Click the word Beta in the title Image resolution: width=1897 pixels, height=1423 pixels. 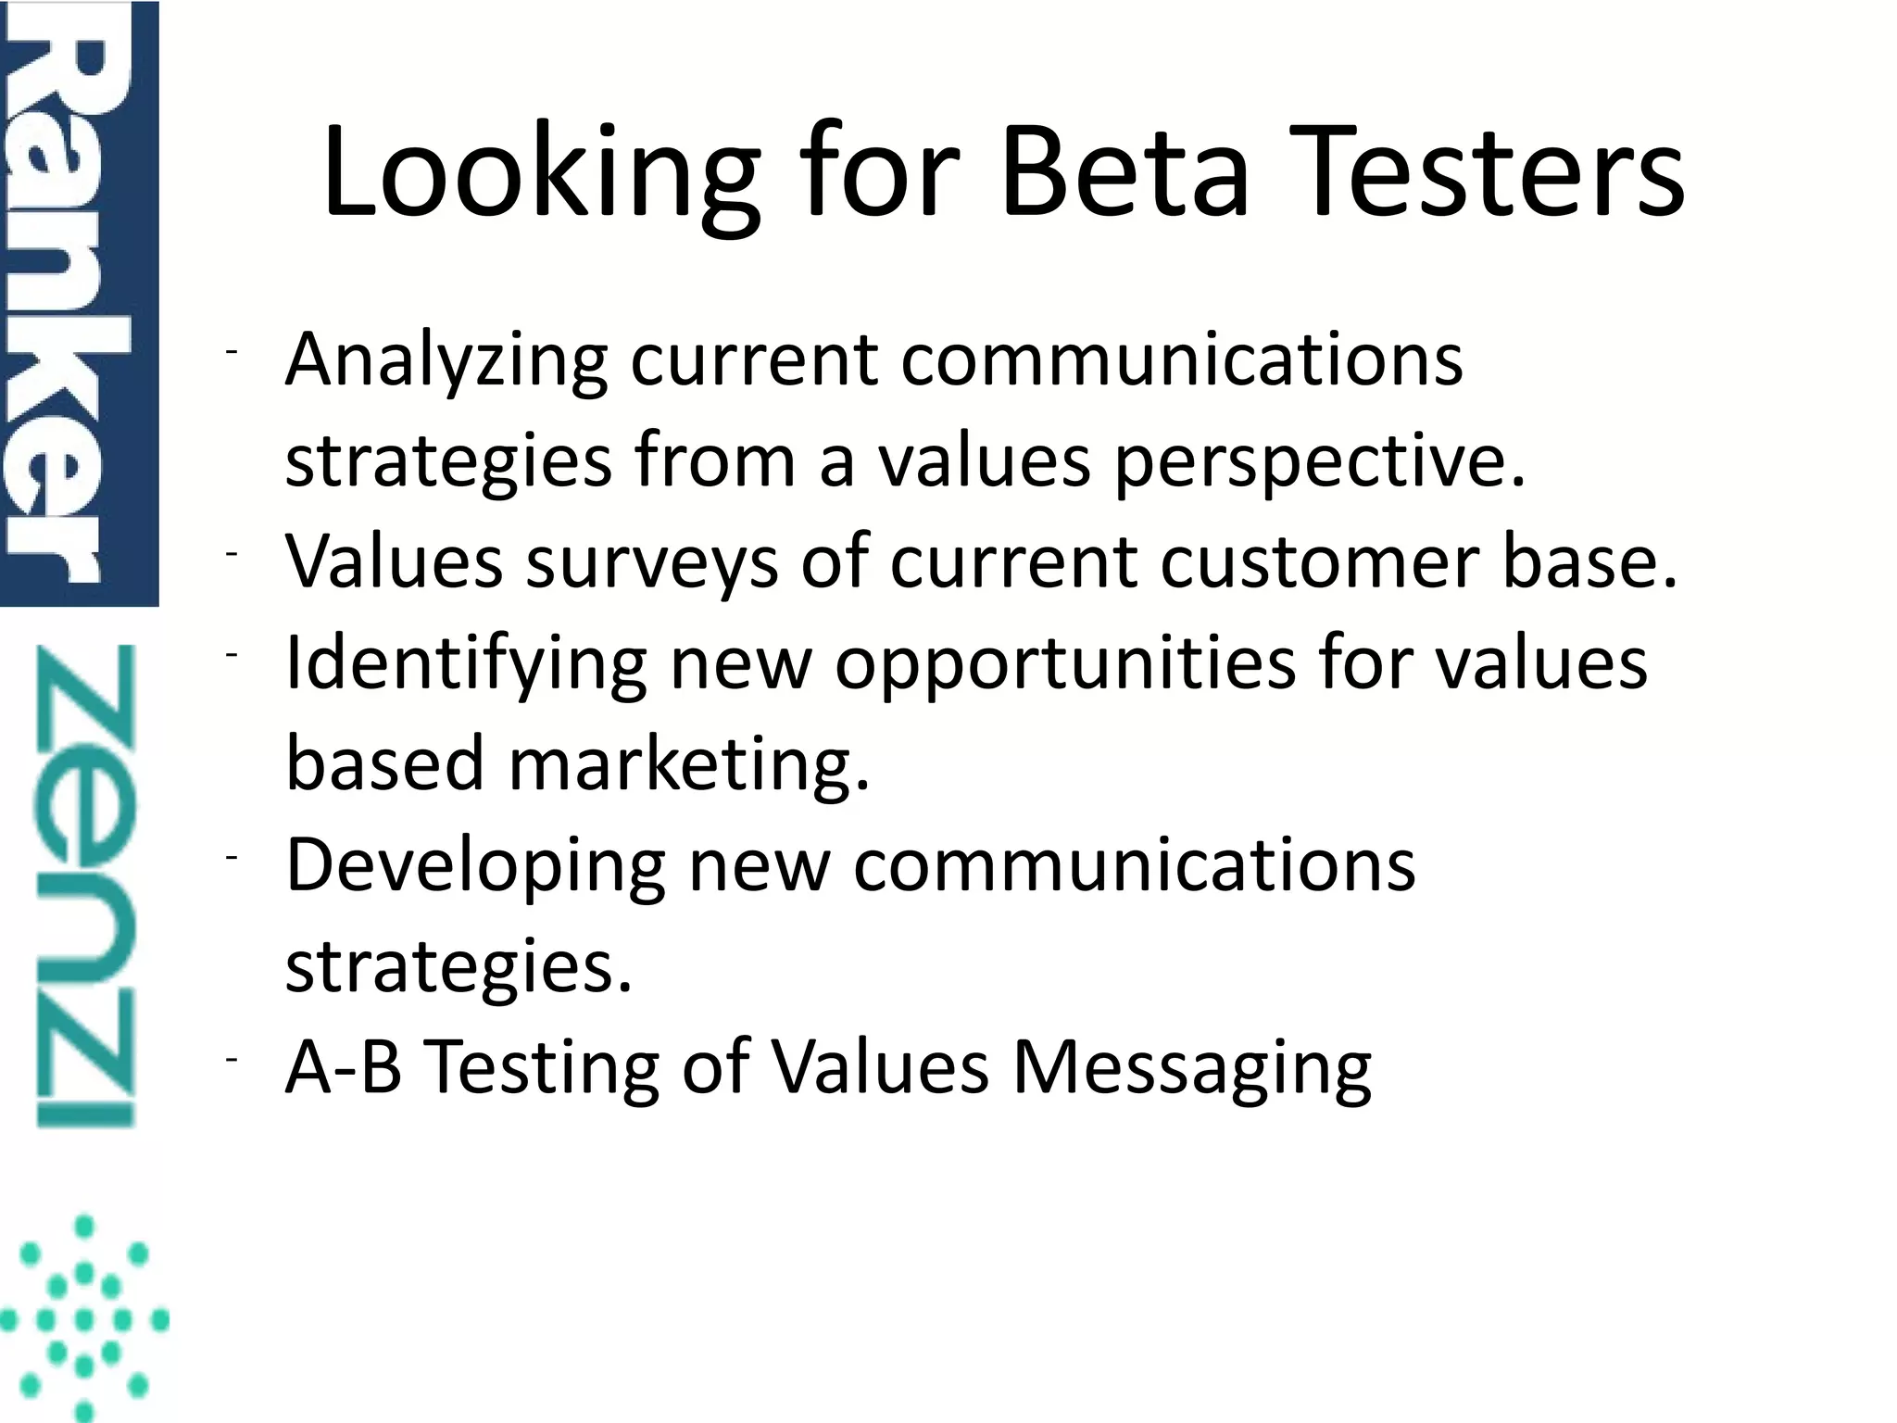click(1125, 173)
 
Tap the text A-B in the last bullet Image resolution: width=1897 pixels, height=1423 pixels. click(344, 1067)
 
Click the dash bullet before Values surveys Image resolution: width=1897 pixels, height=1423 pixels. click(232, 553)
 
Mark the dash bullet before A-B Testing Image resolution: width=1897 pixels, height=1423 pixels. click(232, 1059)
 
